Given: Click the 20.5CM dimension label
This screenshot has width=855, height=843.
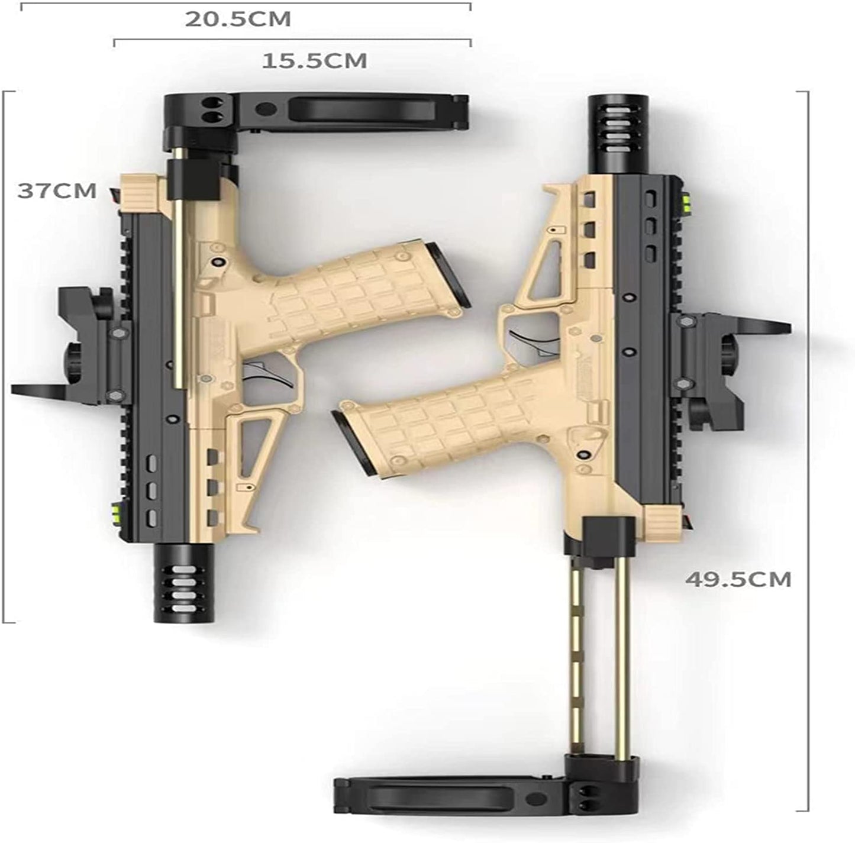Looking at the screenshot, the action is (238, 19).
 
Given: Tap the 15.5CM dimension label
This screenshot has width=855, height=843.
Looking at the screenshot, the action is (315, 61).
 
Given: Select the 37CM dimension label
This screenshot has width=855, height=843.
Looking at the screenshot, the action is (57, 190).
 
